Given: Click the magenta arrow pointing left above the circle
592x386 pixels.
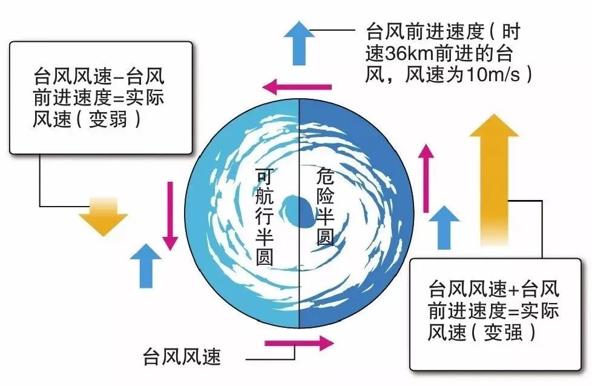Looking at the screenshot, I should (x=300, y=87).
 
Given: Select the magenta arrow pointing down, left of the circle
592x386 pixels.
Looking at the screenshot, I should (x=171, y=215).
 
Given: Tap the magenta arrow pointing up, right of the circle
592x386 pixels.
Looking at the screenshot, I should (x=427, y=179).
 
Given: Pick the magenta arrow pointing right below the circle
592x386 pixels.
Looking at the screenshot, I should (x=299, y=343).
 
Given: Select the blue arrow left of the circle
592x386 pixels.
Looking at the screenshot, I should (x=145, y=264).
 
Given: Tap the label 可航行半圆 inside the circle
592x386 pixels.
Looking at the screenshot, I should (x=265, y=216).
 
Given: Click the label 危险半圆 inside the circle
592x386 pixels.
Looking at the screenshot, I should (x=325, y=206).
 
